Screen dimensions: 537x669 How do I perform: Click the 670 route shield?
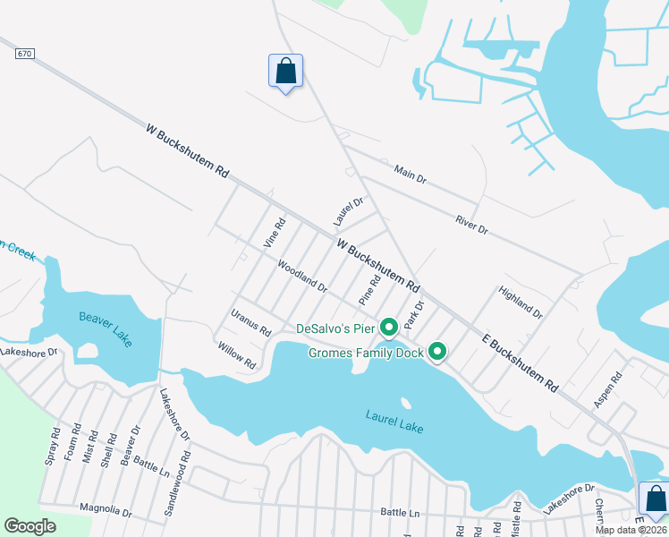[x=24, y=55]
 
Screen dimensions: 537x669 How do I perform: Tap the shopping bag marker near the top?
[x=285, y=72]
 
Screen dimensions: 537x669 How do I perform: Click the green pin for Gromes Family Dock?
[x=437, y=353]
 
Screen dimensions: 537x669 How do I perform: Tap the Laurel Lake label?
[x=394, y=422]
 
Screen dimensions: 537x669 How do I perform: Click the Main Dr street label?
[x=411, y=174]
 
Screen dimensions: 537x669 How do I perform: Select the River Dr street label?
[x=471, y=225]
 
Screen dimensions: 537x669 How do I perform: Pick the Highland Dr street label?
[x=521, y=303]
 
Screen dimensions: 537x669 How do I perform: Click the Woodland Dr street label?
[x=302, y=277]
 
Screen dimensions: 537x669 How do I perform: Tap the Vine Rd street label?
[x=274, y=233]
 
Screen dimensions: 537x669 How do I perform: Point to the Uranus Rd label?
[x=250, y=322]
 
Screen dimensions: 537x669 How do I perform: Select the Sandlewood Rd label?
[x=178, y=484]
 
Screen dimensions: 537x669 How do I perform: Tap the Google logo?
[x=30, y=526]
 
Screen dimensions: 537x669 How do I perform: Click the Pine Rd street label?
[x=369, y=288]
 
